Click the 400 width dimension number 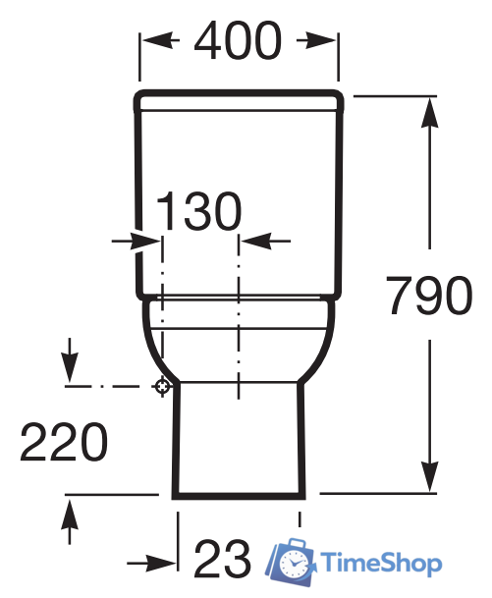point(238,40)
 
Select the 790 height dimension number point(429,295)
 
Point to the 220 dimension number point(64,442)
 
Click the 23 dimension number point(222,559)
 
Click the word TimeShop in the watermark point(381,564)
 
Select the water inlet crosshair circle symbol point(162,386)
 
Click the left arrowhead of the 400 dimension point(156,40)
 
